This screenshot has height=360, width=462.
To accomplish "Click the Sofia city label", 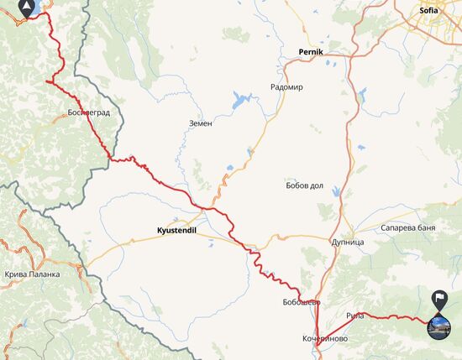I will (429, 11).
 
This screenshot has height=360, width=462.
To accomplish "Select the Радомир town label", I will (286, 87).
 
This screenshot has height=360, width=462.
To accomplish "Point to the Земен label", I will (201, 123).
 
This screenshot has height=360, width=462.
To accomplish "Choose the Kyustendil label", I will (176, 228).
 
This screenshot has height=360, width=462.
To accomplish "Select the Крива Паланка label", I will (33, 274).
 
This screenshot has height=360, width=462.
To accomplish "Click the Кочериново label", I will (324, 339).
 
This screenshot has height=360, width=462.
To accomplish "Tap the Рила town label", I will (354, 316).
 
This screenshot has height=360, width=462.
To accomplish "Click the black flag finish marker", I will (438, 299).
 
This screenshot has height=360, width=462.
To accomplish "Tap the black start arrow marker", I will (29, 10).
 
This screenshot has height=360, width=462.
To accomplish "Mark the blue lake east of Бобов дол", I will (338, 192).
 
